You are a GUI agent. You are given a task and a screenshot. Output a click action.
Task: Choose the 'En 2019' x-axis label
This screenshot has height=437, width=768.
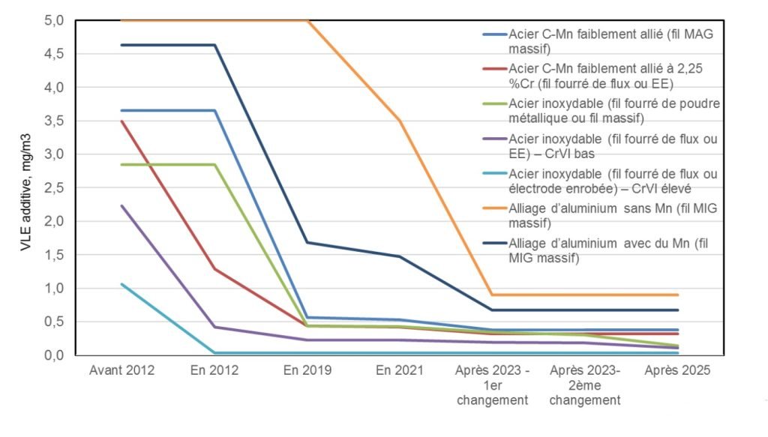[307, 370]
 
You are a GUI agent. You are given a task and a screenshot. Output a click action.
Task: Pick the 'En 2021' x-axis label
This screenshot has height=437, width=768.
[400, 370]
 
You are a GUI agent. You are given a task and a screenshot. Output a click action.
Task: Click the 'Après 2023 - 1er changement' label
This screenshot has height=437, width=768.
[493, 385]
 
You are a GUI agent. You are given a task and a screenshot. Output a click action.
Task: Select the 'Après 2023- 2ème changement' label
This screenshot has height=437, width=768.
[586, 385]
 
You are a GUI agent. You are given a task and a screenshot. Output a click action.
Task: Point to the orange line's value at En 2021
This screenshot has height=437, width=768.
[400, 121]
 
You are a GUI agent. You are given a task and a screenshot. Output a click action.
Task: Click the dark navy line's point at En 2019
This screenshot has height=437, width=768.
[307, 242]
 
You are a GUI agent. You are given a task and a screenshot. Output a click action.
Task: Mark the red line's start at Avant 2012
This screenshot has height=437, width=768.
[121, 121]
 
